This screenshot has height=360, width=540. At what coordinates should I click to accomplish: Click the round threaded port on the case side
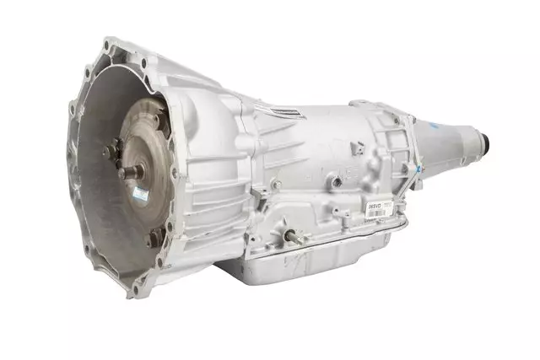pos(337,180)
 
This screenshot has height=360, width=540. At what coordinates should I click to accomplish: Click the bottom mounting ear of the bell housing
pos(135,290)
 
